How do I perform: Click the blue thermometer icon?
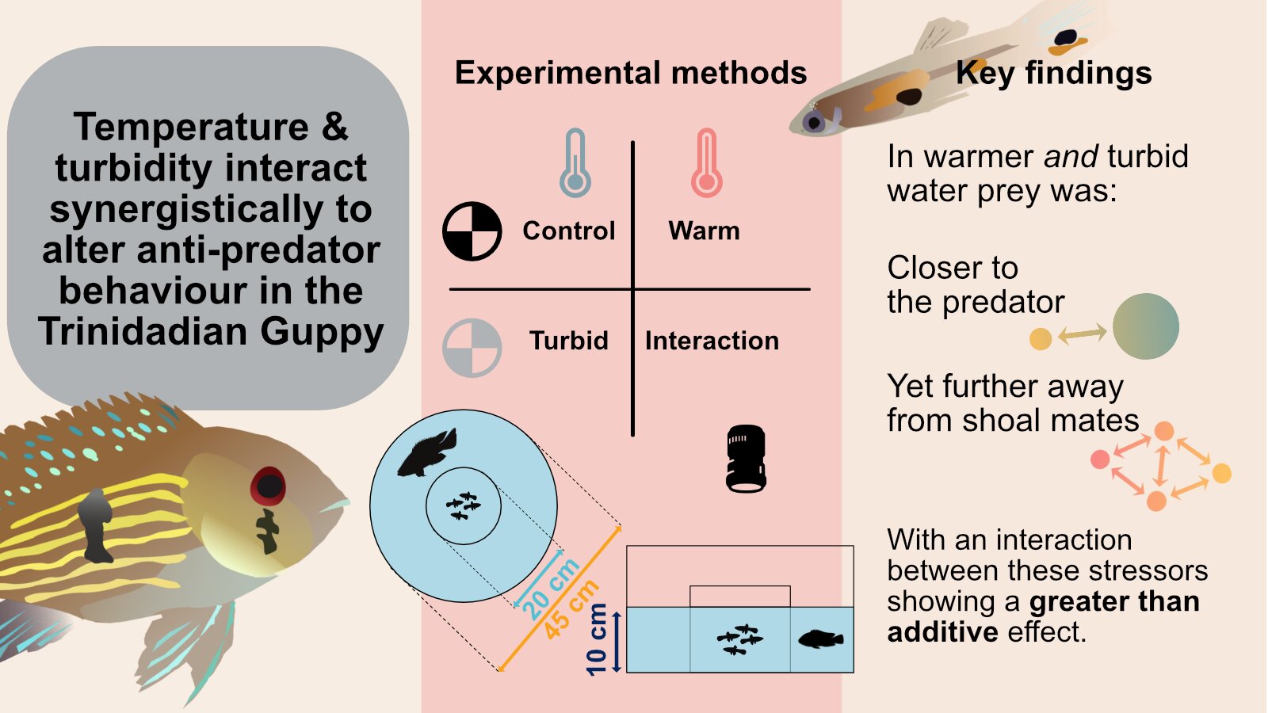575,163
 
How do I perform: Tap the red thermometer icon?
707,163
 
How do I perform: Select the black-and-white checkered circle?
472,231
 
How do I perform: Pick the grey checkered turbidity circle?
472,348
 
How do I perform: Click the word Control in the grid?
568,231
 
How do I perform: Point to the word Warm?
704,231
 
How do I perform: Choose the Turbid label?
568,341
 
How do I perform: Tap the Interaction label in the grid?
712,341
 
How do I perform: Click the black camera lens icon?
746,459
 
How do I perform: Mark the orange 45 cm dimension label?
571,610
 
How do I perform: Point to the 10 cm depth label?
597,639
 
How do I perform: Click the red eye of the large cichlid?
269,486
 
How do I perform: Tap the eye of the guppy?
814,121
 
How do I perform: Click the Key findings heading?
1053,74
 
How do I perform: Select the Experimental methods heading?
631,74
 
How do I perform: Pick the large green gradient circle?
1146,326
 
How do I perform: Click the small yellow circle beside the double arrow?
1041,339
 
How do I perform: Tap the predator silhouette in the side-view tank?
821,639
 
